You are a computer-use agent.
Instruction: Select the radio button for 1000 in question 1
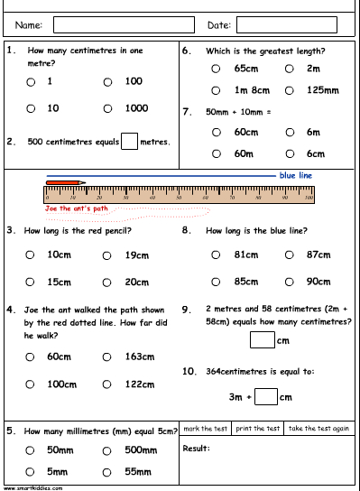tap(107, 109)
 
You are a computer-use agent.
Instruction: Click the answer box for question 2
tap(129, 141)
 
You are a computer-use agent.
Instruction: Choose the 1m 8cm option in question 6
tap(215, 90)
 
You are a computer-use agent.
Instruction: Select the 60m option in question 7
tap(215, 154)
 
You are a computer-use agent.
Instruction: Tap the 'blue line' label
tap(297, 176)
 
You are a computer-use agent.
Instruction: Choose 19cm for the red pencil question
tap(107, 255)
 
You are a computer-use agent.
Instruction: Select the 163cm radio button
tap(107, 357)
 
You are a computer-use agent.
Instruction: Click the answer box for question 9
tap(262, 340)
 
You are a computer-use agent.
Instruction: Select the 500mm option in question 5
tap(107, 449)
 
